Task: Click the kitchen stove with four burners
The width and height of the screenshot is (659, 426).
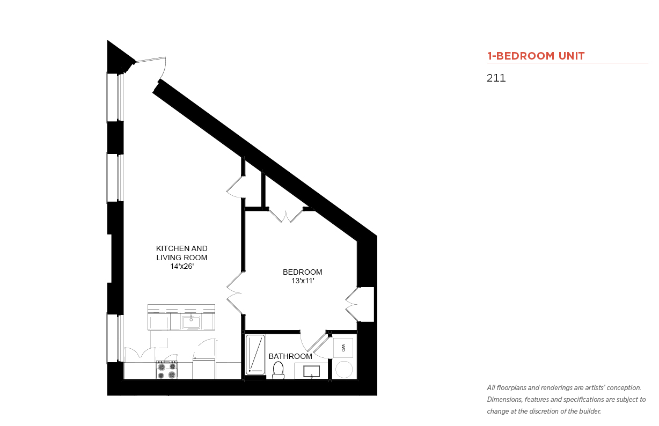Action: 167,370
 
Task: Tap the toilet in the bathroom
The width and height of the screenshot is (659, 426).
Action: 278,370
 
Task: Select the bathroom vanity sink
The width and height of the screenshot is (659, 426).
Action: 312,371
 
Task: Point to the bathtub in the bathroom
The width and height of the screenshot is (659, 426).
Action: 255,355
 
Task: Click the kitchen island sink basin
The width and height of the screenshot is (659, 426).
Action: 191,322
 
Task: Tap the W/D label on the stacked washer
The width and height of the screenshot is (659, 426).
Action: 343,348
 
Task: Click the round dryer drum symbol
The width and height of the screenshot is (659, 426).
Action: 344,370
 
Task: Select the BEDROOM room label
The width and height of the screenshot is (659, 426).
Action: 303,272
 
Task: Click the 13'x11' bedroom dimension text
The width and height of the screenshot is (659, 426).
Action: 303,281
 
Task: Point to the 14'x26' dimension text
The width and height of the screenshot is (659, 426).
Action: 182,266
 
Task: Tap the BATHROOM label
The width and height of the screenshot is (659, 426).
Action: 290,356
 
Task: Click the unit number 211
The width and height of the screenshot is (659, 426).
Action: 496,78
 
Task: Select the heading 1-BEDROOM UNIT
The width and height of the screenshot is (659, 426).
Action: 536,56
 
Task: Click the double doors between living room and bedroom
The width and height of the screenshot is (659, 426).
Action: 235,293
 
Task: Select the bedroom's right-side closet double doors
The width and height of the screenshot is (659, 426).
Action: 352,304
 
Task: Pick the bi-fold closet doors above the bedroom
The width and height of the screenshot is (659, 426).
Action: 286,215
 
